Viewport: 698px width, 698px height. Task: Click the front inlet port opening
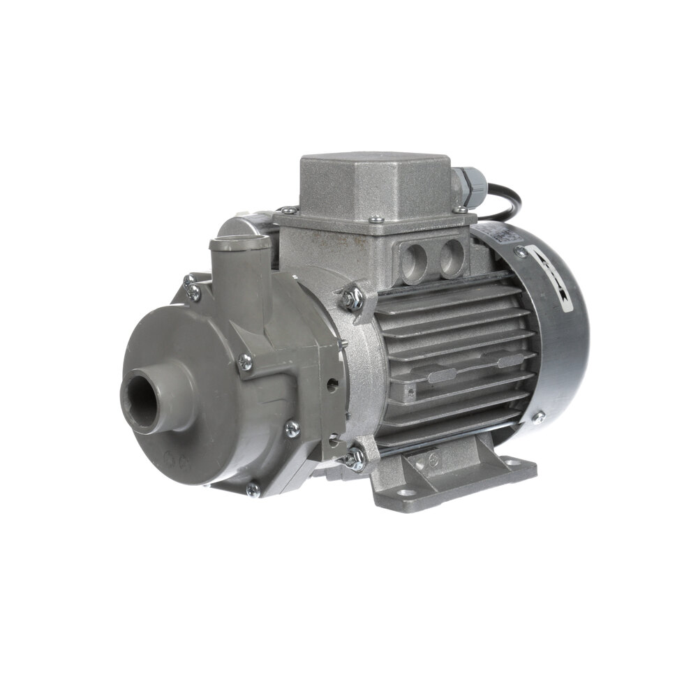(144, 399)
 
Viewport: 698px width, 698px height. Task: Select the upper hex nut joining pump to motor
(351, 298)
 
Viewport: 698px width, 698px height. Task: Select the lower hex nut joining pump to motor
(355, 458)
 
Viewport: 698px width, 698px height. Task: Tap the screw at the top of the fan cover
(520, 251)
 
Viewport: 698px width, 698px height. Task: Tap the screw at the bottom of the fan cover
(538, 418)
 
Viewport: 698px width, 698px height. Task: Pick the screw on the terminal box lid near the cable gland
(460, 209)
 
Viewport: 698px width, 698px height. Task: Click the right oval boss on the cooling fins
(512, 360)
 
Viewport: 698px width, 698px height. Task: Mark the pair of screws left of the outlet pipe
(191, 286)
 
